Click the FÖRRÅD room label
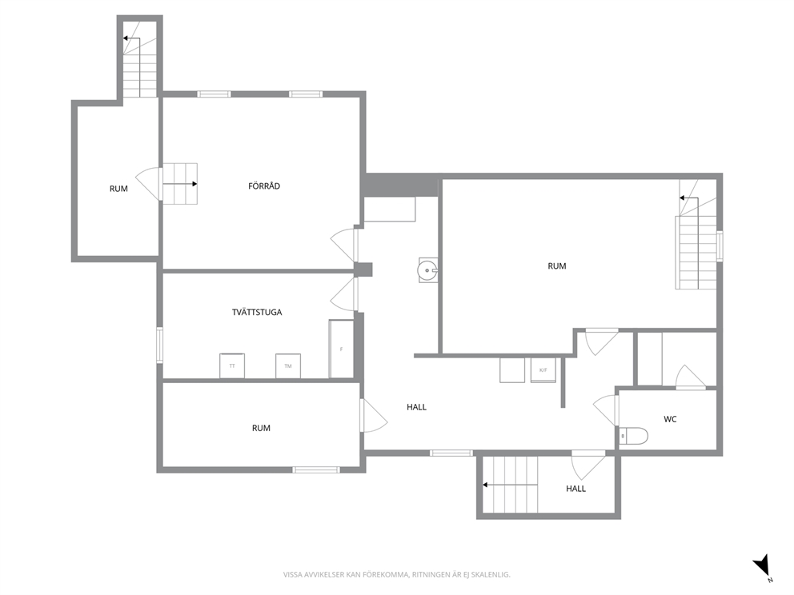tap(264, 186)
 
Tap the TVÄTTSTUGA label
tap(257, 312)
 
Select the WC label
tap(670, 419)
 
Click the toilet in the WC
tap(633, 436)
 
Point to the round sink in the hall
tap(428, 270)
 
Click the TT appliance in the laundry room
tap(232, 365)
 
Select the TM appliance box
tap(288, 365)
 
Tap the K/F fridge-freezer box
tap(543, 369)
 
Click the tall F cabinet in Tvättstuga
tap(341, 349)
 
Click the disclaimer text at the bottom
tap(396, 575)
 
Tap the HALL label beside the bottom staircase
tap(575, 489)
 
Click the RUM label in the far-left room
tap(118, 189)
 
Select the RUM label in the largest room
tap(556, 266)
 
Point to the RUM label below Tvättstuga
tap(261, 428)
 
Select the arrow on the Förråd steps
tap(180, 184)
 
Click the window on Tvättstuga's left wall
tap(159, 345)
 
